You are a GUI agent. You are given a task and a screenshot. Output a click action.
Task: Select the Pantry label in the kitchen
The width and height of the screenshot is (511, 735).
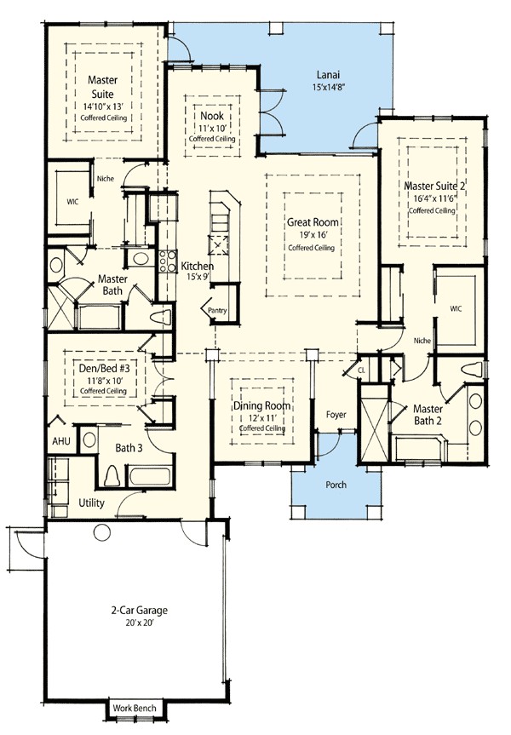click(x=217, y=312)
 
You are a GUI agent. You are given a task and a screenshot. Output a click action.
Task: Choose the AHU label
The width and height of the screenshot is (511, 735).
click(x=60, y=443)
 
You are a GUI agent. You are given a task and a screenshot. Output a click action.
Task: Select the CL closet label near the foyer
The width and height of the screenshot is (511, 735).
click(x=360, y=371)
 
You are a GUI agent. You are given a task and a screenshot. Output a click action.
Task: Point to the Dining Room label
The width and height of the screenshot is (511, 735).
click(x=261, y=406)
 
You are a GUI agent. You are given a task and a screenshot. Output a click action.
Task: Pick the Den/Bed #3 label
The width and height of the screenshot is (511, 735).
click(x=106, y=367)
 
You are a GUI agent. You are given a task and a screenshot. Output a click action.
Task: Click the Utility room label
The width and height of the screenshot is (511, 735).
click(x=90, y=503)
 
